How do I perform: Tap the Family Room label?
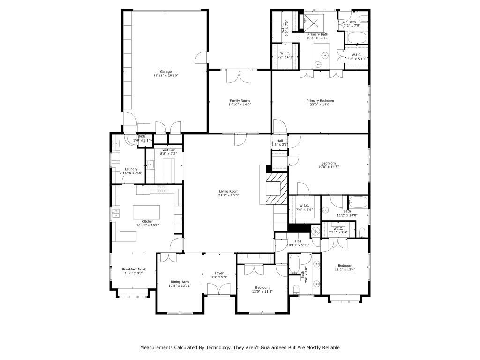[x=239, y=101]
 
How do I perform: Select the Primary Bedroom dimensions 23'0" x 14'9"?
[x=320, y=105]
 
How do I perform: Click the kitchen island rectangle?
[x=146, y=213]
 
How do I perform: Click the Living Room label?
[x=229, y=191]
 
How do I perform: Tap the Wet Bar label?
[x=168, y=150]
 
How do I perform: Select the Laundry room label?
[x=131, y=169]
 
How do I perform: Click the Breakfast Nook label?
[x=134, y=269]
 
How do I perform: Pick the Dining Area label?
[x=179, y=282]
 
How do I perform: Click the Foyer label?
[x=219, y=273]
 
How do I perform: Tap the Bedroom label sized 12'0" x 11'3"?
[x=262, y=287]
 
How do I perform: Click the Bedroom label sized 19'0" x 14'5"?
[x=328, y=163]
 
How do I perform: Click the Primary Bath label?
[x=318, y=34]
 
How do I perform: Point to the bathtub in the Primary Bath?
[x=358, y=37]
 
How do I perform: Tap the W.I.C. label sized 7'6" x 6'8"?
[x=304, y=205]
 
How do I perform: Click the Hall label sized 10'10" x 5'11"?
[x=298, y=241]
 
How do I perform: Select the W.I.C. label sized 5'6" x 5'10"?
[x=356, y=55]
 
